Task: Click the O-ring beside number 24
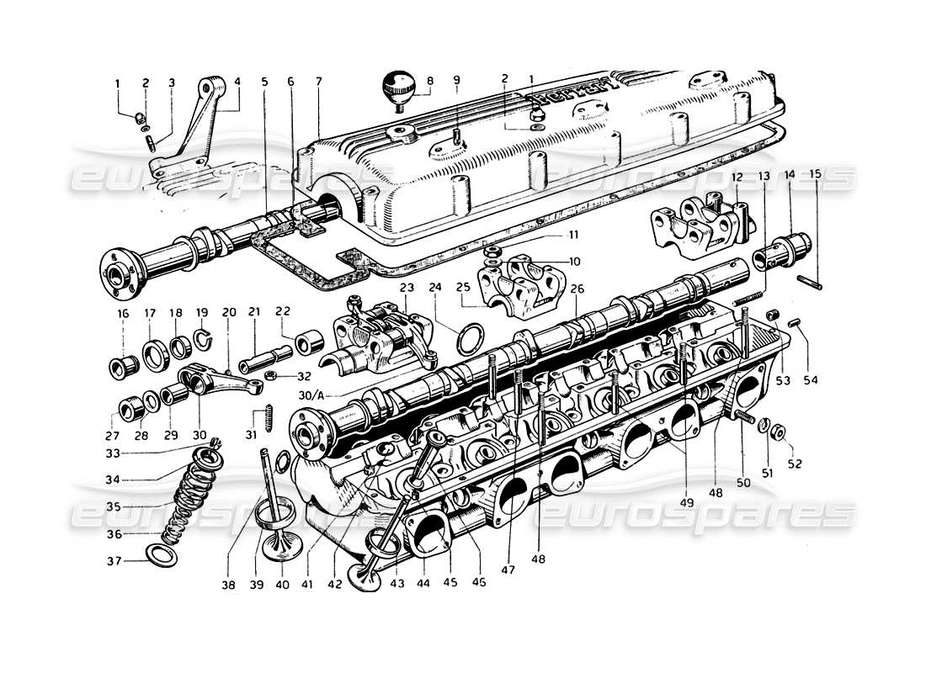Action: (x=468, y=340)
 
